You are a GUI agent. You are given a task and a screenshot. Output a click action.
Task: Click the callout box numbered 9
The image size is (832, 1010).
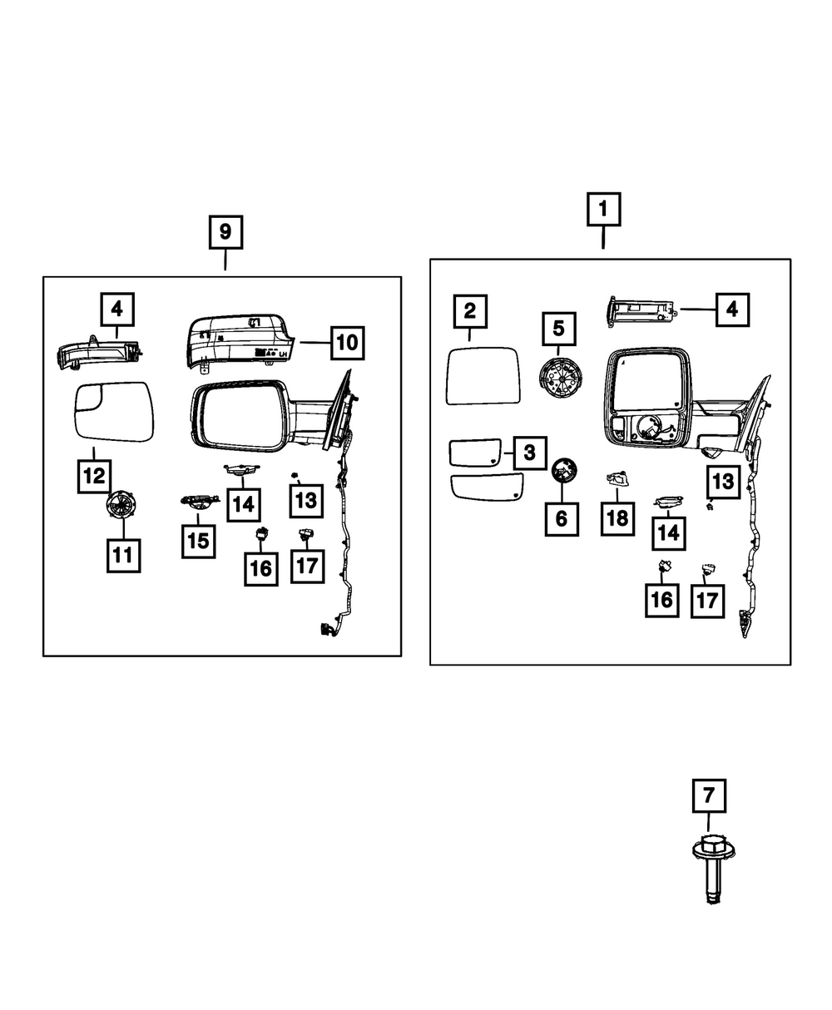pyautogui.click(x=225, y=233)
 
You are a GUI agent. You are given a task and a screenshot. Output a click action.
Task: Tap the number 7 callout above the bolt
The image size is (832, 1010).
pyautogui.click(x=708, y=796)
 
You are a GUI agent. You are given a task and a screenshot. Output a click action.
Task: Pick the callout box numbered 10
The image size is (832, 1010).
pyautogui.click(x=347, y=341)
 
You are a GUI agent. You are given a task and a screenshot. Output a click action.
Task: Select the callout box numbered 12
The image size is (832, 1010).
pyautogui.click(x=94, y=477)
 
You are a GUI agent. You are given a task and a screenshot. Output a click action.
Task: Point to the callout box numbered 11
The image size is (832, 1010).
pyautogui.click(x=123, y=555)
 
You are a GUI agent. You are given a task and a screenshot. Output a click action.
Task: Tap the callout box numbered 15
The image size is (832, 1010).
pyautogui.click(x=197, y=540)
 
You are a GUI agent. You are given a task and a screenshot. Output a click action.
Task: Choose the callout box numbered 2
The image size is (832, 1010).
pyautogui.click(x=470, y=312)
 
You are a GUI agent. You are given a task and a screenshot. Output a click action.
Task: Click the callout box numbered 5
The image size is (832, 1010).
pyautogui.click(x=558, y=328)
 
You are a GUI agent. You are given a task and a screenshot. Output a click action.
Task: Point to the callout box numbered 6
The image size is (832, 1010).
pyautogui.click(x=561, y=518)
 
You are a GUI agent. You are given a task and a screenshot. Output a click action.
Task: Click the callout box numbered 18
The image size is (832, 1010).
pyautogui.click(x=617, y=518)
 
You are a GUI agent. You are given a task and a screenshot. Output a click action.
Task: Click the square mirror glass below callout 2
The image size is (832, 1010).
pyautogui.click(x=483, y=375)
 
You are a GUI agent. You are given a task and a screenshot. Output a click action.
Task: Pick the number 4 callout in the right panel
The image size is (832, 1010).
pyautogui.click(x=730, y=310)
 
